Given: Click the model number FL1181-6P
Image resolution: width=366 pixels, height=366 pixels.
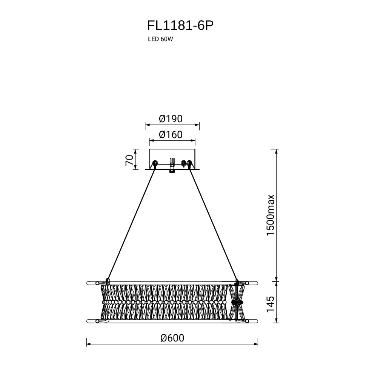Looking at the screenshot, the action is point(180,26).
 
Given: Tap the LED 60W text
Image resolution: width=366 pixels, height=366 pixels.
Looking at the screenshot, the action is point(160,39).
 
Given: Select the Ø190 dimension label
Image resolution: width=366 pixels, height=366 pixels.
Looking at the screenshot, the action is point(171,119).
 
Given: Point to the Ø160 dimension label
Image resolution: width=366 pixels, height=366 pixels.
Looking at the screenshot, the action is point(171,135).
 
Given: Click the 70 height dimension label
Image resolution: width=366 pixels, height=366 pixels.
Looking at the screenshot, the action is point(129,160).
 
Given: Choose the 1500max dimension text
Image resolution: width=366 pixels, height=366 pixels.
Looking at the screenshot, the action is point(271,215).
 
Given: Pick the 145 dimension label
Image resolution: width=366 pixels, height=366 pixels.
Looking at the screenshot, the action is point(271,304).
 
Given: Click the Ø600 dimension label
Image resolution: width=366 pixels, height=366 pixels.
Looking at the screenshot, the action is point(172,338).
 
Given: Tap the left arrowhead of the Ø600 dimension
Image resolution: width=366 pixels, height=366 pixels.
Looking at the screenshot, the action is point(89,344).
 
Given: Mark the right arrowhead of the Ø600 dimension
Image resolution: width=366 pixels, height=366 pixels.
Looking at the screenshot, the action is point(256,344).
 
